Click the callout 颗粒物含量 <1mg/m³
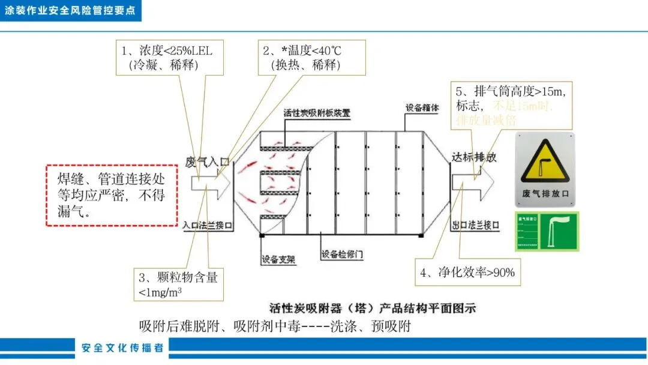(x=178, y=283)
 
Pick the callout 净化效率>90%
(x=467, y=272)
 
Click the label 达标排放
(x=474, y=157)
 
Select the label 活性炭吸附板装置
(x=317, y=112)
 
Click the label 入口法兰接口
(x=208, y=225)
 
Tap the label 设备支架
(x=279, y=260)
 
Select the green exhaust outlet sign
(x=545, y=231)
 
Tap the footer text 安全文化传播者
(x=122, y=348)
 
